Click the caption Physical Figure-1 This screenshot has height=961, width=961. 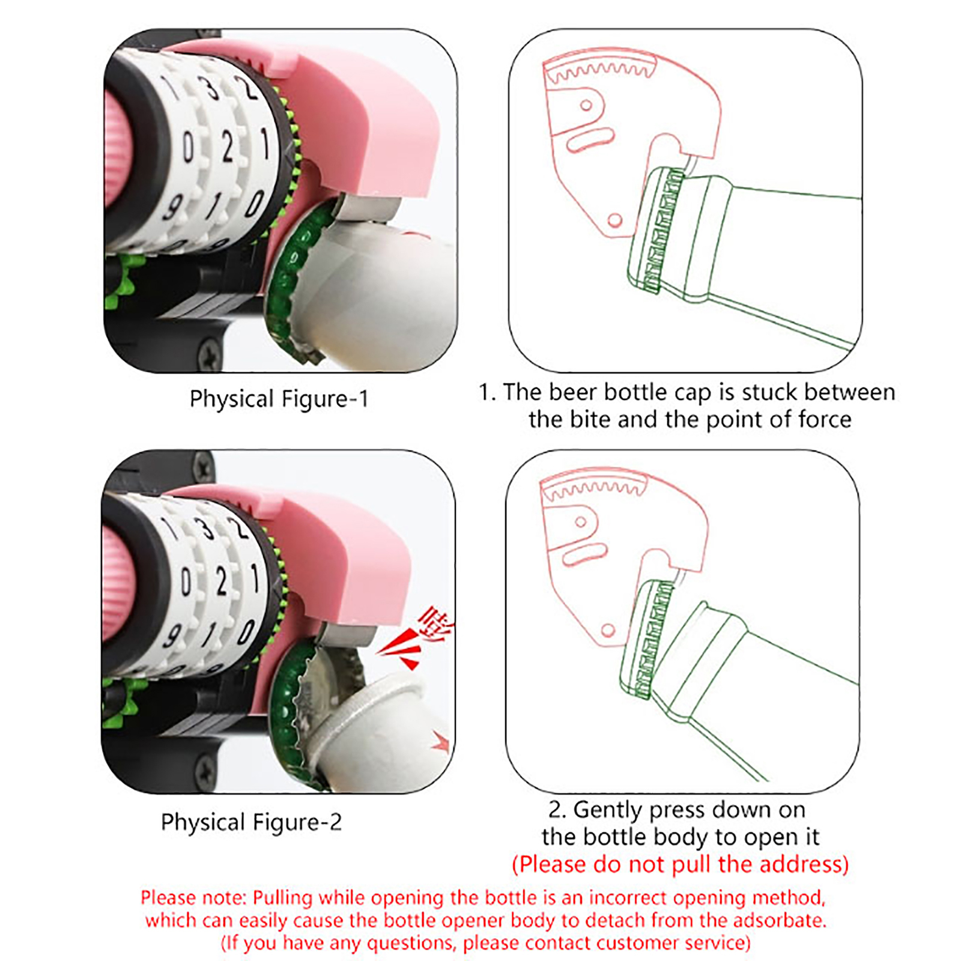pos(279,399)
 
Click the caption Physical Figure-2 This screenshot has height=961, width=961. pos(251,822)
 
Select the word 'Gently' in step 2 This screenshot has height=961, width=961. pos(608,810)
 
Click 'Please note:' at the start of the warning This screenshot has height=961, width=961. pos(193,898)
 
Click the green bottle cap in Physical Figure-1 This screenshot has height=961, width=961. pos(297,279)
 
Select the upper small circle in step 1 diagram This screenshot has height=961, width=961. pos(586,106)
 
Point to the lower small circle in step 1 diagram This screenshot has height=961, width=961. pos(614,220)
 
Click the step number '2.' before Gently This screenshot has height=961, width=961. pos(557,810)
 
